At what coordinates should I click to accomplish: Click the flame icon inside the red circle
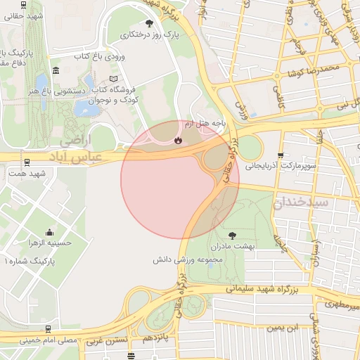click(x=179, y=139)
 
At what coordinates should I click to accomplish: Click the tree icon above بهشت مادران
click(x=233, y=235)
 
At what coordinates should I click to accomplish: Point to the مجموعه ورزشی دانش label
click(x=188, y=259)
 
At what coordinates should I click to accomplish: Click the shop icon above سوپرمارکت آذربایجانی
click(x=281, y=155)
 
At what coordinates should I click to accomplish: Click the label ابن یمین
click(x=282, y=328)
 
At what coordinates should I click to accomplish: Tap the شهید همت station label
click(x=27, y=173)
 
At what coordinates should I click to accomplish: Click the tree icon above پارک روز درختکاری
click(x=148, y=23)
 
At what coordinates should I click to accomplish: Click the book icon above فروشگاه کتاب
click(x=115, y=79)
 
